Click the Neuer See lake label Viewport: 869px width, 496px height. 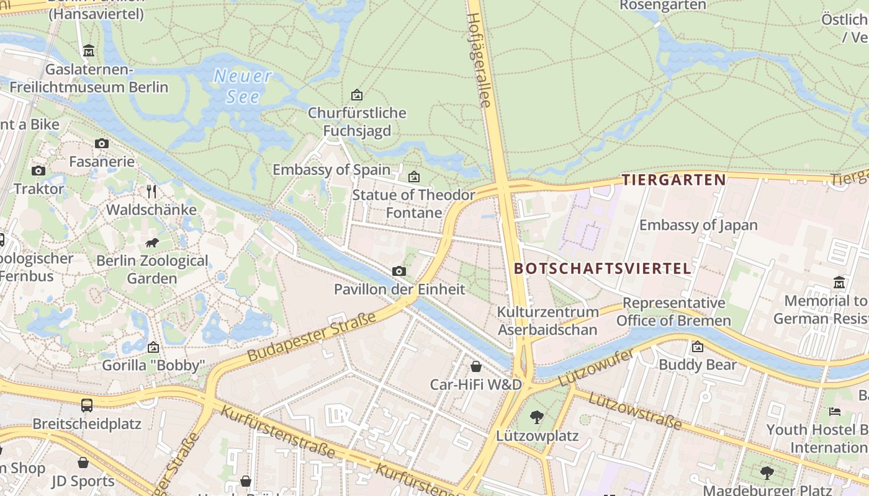[x=242, y=86]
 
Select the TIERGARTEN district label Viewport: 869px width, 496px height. [x=673, y=180]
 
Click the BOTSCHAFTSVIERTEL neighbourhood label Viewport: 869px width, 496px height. [x=603, y=268]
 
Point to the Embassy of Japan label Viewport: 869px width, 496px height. [x=698, y=225]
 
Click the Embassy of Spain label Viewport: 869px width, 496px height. [x=331, y=169]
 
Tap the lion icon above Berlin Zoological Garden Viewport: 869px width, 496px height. [x=152, y=242]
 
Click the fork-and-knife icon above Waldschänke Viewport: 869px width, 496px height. [x=151, y=191]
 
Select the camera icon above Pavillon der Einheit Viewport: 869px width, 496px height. [x=399, y=271]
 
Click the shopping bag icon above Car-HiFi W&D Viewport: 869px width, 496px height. [x=476, y=366]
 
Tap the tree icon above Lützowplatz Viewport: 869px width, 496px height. [x=537, y=417]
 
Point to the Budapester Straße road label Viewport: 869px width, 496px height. [x=312, y=337]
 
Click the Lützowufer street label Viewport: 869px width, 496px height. [x=596, y=367]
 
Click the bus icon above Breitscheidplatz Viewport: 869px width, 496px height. [x=87, y=405]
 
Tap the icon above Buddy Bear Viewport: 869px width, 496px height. [x=697, y=347]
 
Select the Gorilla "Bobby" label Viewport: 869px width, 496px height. [x=153, y=365]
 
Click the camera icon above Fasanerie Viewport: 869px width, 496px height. [x=102, y=143]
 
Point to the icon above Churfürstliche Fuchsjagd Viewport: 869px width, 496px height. [x=357, y=95]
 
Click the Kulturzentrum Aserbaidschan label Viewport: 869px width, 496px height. [x=547, y=321]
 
